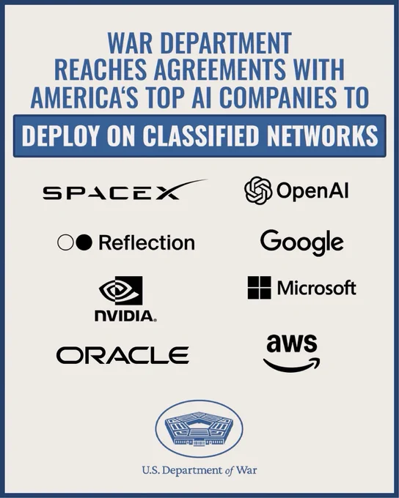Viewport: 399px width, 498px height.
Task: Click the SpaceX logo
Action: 124,190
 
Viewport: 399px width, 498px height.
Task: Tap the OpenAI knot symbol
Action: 258,190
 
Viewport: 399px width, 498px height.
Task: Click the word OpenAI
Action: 312,191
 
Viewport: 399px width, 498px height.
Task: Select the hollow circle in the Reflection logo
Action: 65,242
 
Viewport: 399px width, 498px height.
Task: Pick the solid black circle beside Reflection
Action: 84,242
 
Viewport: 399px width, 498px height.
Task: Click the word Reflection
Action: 147,243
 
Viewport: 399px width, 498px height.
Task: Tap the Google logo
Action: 301,242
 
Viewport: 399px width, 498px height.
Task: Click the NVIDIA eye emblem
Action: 120,290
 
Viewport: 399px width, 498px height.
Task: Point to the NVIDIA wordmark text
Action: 125,316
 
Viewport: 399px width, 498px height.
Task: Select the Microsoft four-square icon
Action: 260,287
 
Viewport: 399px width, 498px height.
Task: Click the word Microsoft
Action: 317,287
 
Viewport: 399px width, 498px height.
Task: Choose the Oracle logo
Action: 122,355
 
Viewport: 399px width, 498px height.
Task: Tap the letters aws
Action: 292,343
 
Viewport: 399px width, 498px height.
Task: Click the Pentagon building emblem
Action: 199,428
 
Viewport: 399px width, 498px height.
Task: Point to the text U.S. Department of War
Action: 199,470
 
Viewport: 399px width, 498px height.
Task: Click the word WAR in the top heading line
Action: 130,43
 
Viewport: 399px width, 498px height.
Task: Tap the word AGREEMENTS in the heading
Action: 219,69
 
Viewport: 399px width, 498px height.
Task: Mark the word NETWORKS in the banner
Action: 322,136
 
